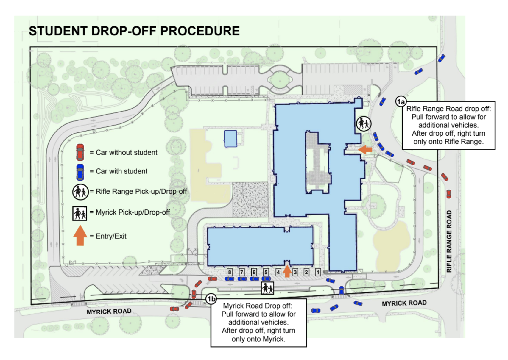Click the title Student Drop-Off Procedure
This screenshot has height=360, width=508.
click(x=134, y=31)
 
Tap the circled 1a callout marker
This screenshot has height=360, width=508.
click(x=401, y=102)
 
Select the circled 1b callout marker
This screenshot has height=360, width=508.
click(x=211, y=299)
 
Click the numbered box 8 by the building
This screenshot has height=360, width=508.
click(x=230, y=272)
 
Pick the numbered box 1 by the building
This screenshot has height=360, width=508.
click(x=318, y=272)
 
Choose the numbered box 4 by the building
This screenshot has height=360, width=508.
click(x=278, y=272)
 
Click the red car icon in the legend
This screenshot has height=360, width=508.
click(x=80, y=152)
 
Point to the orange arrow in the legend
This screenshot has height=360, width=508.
click(x=80, y=235)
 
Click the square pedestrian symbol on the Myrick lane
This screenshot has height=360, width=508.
click(x=267, y=288)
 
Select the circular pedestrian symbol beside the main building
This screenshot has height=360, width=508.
click(x=364, y=124)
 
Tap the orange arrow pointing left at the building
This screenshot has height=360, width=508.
click(x=365, y=150)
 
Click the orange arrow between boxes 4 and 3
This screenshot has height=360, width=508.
click(x=287, y=271)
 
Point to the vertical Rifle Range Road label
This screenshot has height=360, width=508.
click(x=449, y=241)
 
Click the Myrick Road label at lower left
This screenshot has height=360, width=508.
click(x=109, y=311)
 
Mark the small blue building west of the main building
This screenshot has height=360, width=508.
click(x=230, y=139)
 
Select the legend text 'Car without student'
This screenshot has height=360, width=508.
click(x=126, y=152)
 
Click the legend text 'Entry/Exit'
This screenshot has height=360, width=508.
click(x=111, y=236)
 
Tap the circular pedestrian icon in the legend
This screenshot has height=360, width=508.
click(x=80, y=192)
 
